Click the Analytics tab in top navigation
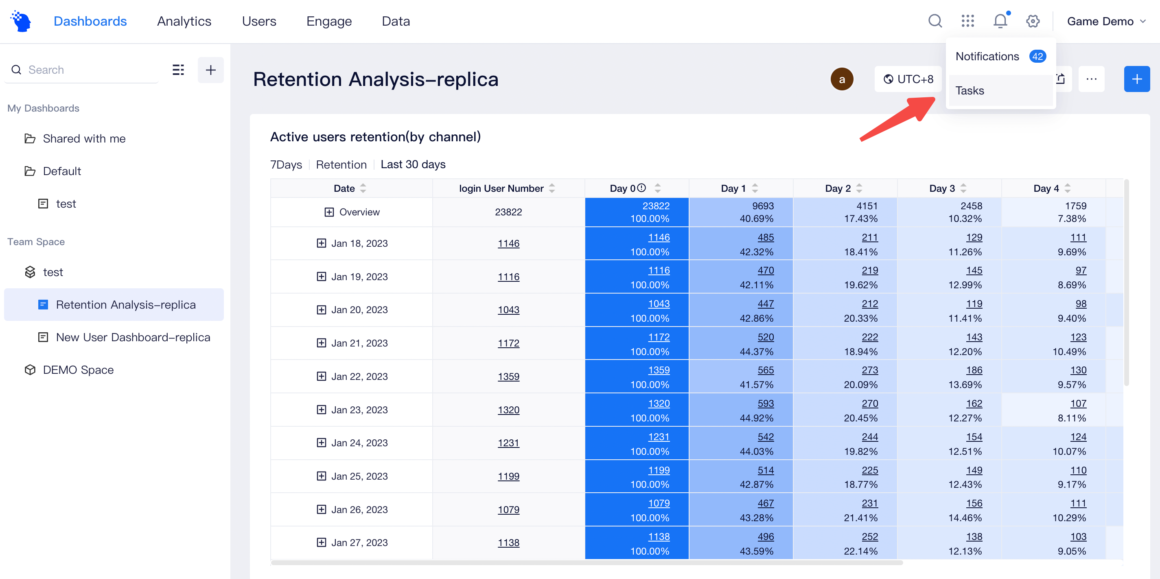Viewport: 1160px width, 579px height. pos(184,21)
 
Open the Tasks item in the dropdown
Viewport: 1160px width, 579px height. pos(970,90)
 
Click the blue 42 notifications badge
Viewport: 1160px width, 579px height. pos(1037,56)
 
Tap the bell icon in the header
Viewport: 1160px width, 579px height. pos(1000,21)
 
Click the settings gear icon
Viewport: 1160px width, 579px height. pos(1033,21)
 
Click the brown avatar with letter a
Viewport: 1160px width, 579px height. pos(842,79)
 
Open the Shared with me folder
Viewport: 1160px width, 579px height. pos(84,139)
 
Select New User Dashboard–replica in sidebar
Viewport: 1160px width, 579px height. pos(133,338)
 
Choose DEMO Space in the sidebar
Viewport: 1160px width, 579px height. pos(78,370)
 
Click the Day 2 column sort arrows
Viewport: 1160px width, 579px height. pos(859,189)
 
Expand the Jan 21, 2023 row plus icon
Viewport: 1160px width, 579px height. pos(321,343)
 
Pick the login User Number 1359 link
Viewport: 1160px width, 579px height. pos(508,376)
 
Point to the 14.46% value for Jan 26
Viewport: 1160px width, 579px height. pos(965,518)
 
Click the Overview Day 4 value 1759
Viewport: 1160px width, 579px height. pos(1075,206)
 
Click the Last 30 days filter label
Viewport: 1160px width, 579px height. pos(413,164)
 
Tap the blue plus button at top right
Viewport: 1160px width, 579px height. pos(1136,79)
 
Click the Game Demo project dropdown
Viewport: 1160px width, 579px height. pos(1105,21)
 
